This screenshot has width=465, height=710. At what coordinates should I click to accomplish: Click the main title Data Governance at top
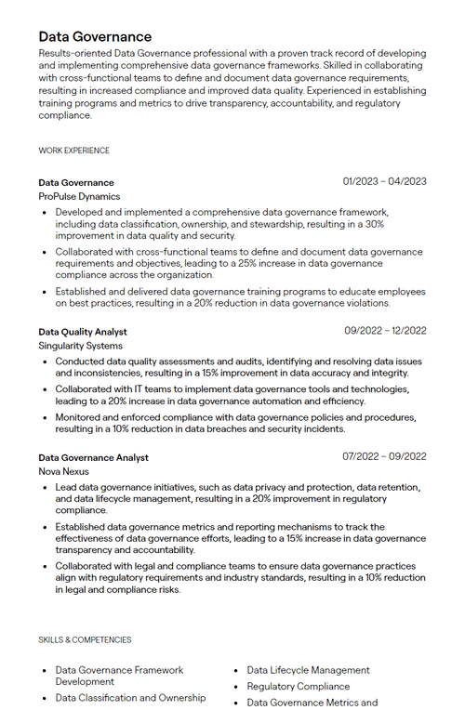95,36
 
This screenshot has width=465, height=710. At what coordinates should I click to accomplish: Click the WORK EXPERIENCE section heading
73,151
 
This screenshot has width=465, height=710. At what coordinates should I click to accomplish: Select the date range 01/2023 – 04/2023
384,181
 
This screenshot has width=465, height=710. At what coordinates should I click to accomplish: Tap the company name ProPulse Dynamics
79,197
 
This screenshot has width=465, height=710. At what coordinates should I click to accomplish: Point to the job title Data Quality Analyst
83,331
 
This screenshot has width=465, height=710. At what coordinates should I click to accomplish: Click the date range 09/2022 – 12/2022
385,330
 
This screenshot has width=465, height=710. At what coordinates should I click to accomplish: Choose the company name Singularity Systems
80,346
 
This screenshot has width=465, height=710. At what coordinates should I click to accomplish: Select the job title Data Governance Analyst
93,457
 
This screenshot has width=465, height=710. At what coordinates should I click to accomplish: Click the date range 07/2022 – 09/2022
384,456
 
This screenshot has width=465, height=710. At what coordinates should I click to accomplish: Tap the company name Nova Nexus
64,472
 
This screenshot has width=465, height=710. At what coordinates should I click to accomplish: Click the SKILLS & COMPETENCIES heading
85,640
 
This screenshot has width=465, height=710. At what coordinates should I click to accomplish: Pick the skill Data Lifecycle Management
308,670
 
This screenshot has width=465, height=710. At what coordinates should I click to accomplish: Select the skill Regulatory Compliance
298,687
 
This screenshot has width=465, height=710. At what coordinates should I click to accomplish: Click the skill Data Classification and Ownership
130,698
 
